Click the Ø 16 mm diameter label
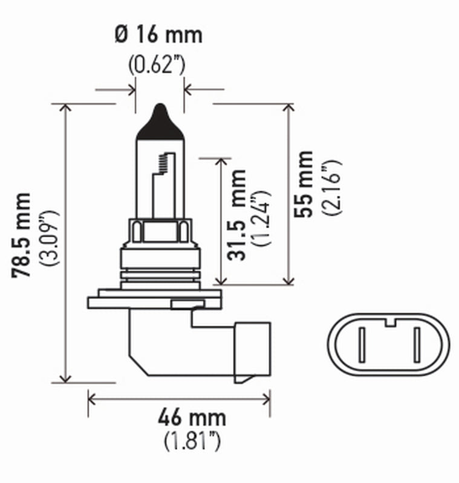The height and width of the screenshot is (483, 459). coord(158,34)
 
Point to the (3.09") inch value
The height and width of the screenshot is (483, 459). coord(48,238)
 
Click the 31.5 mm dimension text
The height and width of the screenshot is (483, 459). coord(238,215)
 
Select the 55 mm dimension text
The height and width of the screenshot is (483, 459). coord(304,184)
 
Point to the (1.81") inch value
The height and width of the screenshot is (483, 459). coord(192,442)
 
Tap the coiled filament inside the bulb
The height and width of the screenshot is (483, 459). coord(161,162)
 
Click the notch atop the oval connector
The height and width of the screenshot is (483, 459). coord(389,320)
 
